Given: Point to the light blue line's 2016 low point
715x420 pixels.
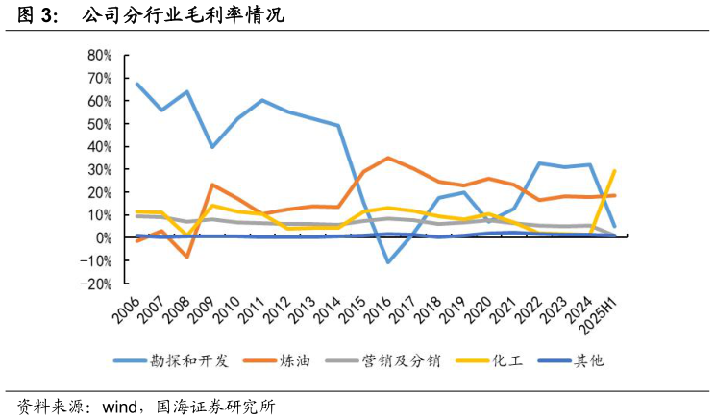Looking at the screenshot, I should pos(388,261).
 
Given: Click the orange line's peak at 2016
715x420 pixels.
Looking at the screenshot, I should pos(388,158).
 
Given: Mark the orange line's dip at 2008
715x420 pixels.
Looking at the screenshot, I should pos(187,257).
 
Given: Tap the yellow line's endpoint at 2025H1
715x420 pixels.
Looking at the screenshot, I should pos(614,170).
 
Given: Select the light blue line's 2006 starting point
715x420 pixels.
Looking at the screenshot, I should pos(137,84).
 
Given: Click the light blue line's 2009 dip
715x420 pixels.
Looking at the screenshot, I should pos(212,146).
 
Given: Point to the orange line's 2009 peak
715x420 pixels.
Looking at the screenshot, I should pos(212,185).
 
